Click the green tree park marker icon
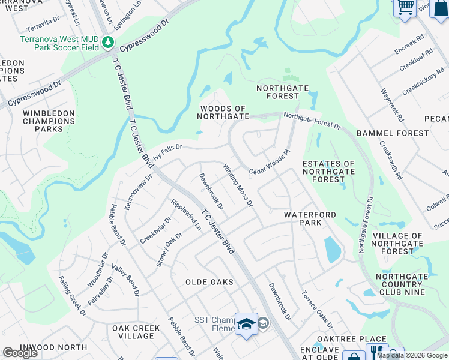108,42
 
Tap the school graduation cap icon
246,324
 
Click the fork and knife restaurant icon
376,352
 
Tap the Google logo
20,353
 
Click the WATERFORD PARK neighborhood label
311,218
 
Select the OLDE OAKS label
209,282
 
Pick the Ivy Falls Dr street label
167,151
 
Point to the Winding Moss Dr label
238,185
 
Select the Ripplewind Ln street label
186,215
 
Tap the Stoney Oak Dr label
169,249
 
